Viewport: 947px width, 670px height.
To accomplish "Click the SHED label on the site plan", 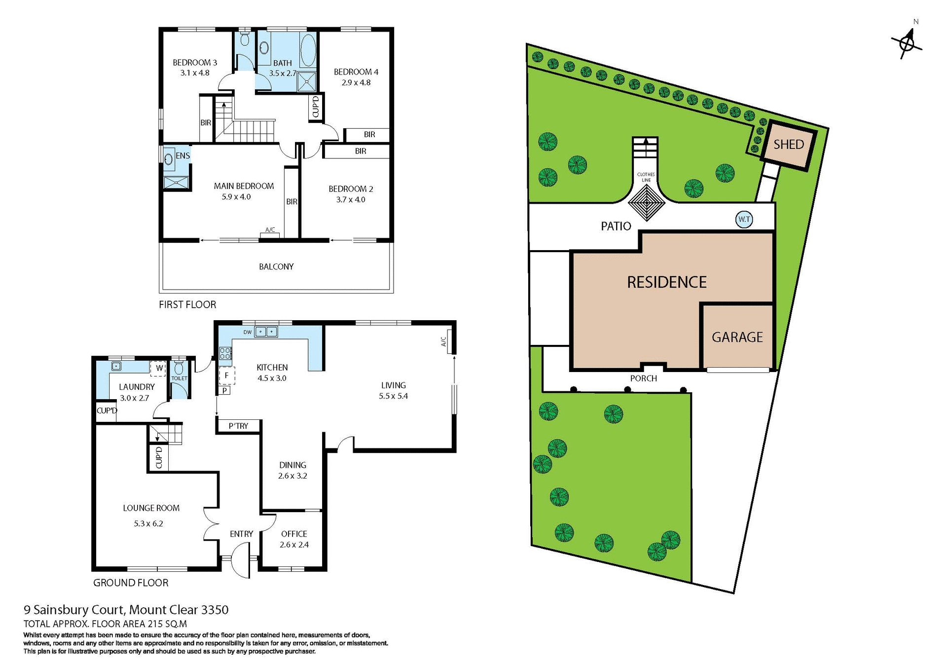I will point(788,145).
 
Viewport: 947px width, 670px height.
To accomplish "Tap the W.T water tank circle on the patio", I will point(744,220).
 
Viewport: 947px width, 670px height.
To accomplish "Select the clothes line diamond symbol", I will point(646,203).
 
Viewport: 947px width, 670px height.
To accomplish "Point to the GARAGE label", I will point(737,337).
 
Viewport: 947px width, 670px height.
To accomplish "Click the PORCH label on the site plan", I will point(643,378).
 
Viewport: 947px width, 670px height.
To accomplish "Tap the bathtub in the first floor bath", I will point(308,50).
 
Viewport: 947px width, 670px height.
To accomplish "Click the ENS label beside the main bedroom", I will point(182,155).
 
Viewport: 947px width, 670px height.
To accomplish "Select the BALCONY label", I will point(276,266).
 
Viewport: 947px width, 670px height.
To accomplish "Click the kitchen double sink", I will point(266,332).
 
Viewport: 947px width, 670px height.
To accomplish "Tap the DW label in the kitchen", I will point(248,333).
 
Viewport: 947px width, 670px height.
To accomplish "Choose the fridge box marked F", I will point(226,375).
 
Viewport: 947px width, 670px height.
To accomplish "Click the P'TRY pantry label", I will point(238,426).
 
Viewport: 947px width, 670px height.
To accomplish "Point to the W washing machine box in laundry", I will point(159,368).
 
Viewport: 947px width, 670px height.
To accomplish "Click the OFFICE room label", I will point(294,534).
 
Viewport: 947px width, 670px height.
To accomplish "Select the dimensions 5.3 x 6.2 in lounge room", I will point(148,523).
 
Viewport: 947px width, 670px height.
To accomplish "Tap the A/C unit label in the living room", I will point(443,341).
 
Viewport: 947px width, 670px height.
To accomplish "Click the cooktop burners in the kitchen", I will point(225,353).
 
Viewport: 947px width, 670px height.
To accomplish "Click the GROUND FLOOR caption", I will point(131,583).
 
